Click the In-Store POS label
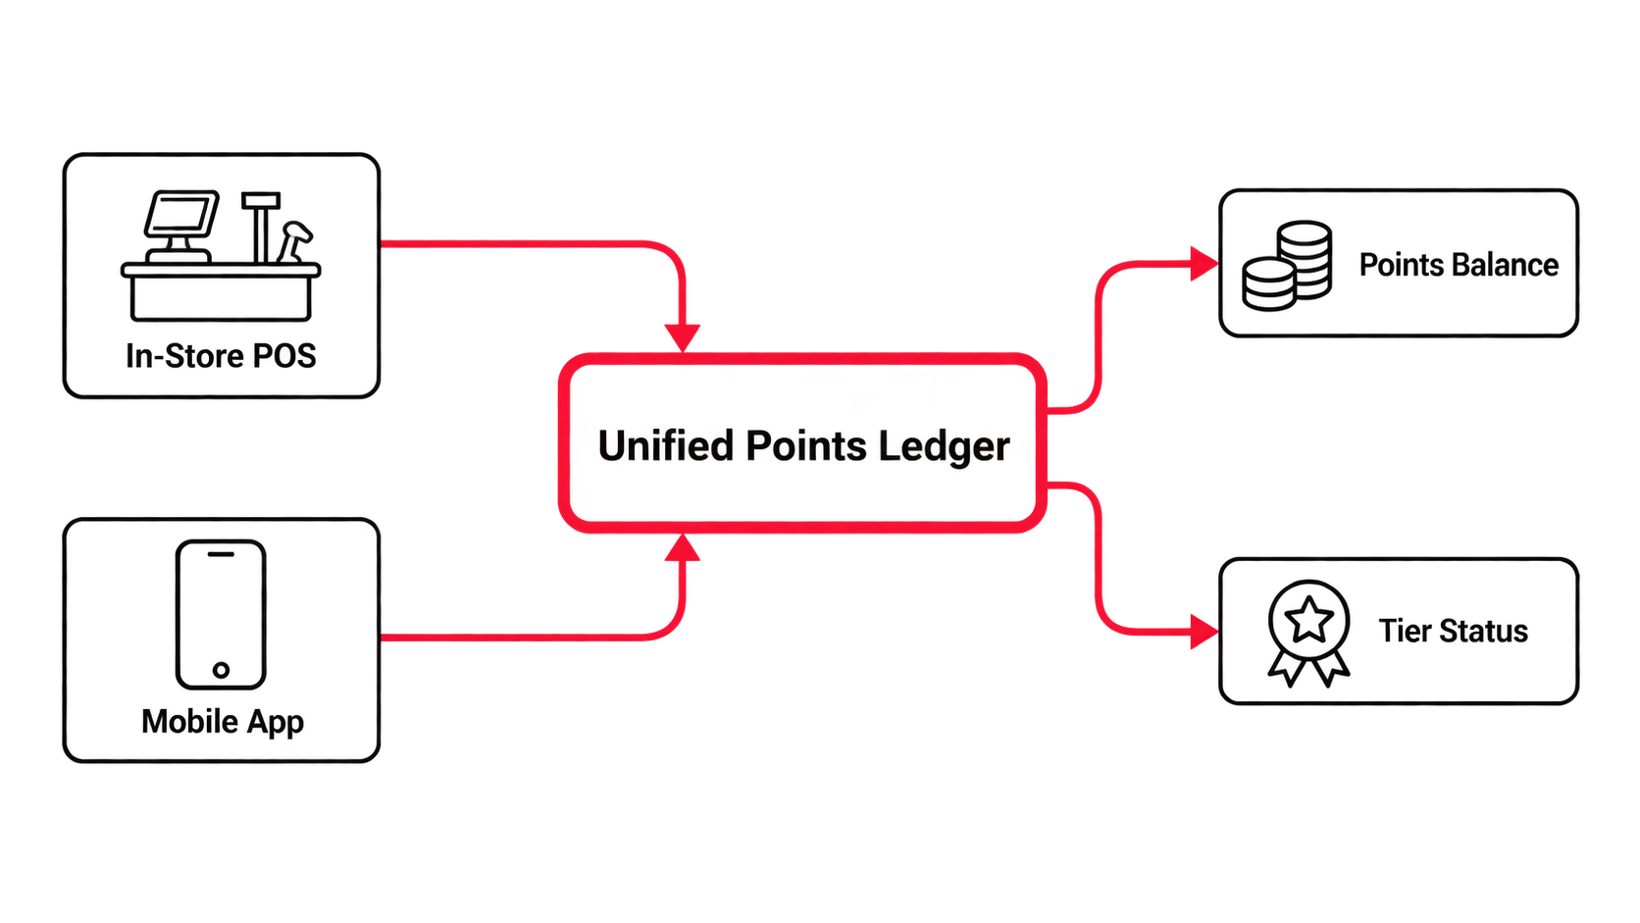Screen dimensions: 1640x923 (221, 356)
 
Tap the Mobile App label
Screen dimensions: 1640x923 (223, 723)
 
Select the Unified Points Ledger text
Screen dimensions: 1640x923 (804, 445)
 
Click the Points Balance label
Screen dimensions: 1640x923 (1459, 265)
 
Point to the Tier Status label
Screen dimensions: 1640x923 (1454, 631)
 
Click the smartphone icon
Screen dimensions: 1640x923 (221, 615)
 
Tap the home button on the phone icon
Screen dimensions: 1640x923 (221, 669)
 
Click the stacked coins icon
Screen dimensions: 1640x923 (1287, 266)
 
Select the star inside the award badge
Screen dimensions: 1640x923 (1309, 620)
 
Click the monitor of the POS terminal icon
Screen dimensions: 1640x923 (181, 214)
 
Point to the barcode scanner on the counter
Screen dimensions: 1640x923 (294, 241)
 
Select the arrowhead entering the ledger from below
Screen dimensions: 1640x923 (683, 547)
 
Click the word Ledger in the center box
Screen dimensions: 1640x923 (944, 447)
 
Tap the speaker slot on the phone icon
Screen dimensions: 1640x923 (221, 555)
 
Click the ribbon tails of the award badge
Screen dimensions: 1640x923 (1309, 668)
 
